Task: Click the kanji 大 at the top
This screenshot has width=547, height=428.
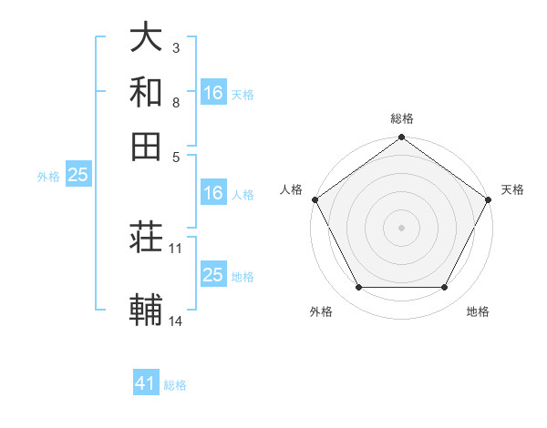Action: [x=146, y=37]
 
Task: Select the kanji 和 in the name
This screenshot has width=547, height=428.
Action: [x=146, y=92]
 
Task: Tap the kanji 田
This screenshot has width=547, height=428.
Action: [x=146, y=146]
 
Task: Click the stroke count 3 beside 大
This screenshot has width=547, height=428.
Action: [x=176, y=47]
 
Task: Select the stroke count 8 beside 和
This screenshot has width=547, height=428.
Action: [x=176, y=102]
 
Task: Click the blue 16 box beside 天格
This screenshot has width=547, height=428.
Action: [x=212, y=93]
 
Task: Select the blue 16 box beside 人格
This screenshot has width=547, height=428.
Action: [x=212, y=193]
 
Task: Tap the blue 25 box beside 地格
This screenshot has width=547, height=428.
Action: [x=212, y=275]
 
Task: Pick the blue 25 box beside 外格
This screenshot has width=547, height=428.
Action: [x=77, y=175]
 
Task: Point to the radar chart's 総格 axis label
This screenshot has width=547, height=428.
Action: [x=401, y=118]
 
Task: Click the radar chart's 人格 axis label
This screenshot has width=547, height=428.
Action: [x=293, y=189]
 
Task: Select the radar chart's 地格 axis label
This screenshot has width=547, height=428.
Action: [x=478, y=311]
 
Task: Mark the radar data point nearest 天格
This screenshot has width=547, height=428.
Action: [x=488, y=199]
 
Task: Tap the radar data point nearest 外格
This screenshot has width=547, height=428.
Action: [x=358, y=288]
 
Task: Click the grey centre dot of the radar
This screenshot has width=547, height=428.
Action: [x=401, y=227]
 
